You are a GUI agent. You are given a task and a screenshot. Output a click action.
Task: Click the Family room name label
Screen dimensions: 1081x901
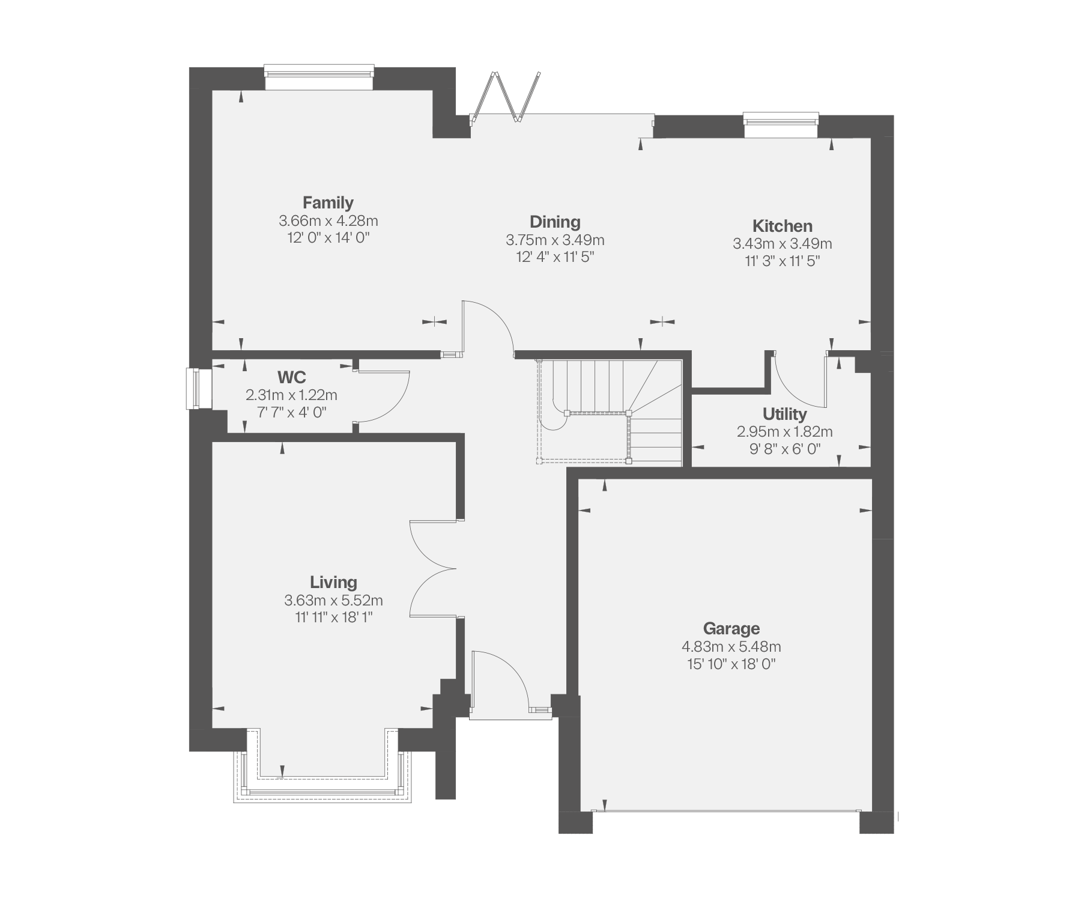click(328, 202)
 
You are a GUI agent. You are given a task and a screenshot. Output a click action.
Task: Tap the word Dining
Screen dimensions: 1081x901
click(555, 222)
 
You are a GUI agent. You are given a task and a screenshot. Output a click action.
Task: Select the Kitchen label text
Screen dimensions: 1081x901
click(783, 226)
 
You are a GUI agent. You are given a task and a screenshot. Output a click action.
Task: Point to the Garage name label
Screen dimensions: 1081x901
click(731, 629)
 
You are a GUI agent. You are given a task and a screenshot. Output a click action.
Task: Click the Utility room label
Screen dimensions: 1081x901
click(784, 414)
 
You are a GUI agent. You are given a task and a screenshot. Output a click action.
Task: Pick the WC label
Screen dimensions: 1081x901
click(291, 377)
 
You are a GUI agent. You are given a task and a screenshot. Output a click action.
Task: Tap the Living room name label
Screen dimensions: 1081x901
click(333, 582)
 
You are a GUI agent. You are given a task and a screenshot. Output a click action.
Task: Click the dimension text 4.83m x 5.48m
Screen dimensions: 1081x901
click(731, 647)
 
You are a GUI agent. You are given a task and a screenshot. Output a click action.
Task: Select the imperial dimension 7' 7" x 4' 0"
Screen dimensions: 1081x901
click(291, 412)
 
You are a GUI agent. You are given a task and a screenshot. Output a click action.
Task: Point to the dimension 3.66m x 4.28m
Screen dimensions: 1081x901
click(329, 220)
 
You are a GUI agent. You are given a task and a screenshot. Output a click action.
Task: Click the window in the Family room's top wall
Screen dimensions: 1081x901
click(319, 77)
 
